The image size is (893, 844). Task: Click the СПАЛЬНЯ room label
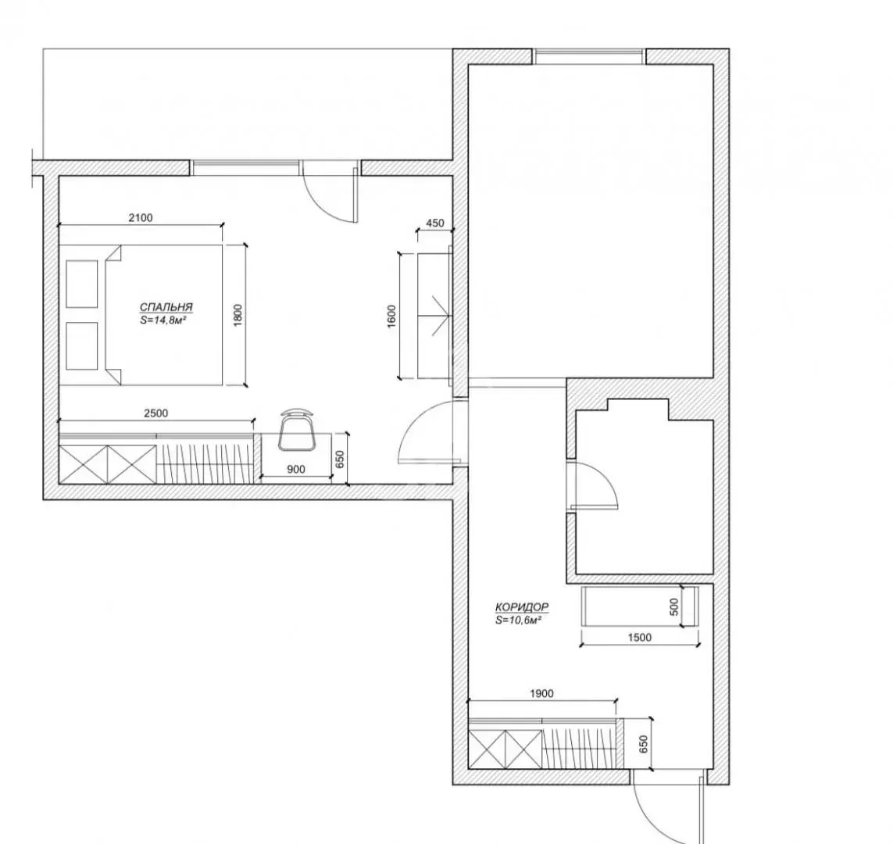166,307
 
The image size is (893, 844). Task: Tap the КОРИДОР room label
522,607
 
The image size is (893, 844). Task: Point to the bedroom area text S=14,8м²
164,320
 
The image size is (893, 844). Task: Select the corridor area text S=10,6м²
518,620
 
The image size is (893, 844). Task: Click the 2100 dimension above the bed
141,217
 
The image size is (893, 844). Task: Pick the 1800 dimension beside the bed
238,315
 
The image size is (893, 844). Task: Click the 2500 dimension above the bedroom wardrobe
156,413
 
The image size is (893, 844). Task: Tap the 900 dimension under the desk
296,469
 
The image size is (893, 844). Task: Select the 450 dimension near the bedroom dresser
435,224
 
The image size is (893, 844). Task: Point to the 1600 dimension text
391,316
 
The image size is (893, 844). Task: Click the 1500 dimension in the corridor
640,637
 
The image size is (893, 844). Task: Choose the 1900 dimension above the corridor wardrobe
541,694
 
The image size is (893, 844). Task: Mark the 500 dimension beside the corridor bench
674,606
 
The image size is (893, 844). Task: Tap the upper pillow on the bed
82,284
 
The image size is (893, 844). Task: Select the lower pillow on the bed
82,346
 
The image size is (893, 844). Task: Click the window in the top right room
590,56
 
